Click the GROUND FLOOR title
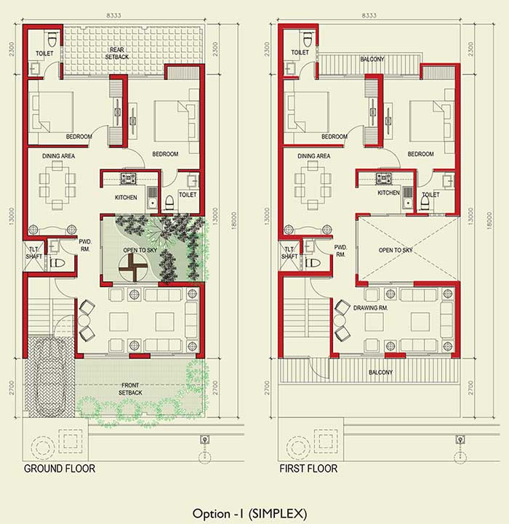(60, 469)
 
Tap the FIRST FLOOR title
(308, 469)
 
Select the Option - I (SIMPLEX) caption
(249, 513)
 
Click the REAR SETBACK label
(117, 54)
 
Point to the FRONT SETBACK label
(130, 389)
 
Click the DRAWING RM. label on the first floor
(371, 307)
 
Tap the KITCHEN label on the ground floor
(126, 198)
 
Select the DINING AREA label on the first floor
(313, 156)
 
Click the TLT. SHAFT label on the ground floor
(33, 253)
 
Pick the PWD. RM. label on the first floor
(340, 251)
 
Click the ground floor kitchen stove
(129, 179)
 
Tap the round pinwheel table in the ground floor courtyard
(133, 267)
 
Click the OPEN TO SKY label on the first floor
(396, 250)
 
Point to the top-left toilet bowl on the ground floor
(52, 39)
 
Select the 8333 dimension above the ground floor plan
(113, 15)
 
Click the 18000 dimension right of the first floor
(489, 220)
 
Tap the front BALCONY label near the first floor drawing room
(380, 372)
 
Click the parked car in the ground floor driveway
(49, 377)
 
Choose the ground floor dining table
(57, 185)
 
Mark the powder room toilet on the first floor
(313, 262)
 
